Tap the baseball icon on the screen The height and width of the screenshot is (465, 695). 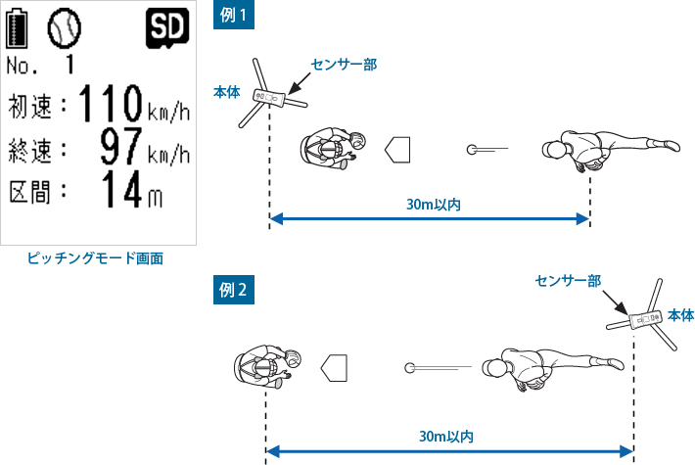pos(66,30)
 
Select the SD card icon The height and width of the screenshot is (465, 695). pos(165,29)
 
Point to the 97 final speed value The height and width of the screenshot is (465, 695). pos(122,149)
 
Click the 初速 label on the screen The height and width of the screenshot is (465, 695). pos(36,105)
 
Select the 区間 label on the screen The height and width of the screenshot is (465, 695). pos(36,193)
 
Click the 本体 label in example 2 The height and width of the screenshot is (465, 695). pos(680,315)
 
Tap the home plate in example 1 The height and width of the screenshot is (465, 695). pos(397,150)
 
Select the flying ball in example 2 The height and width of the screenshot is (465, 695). pos(410,368)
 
